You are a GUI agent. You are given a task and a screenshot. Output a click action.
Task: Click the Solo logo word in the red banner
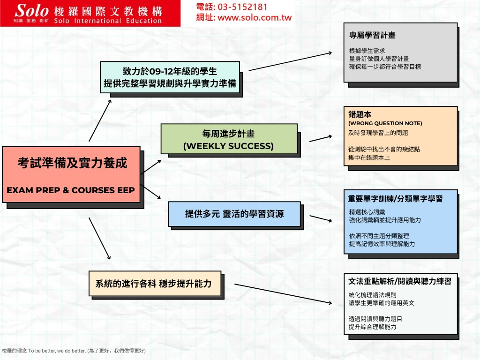click(31, 11)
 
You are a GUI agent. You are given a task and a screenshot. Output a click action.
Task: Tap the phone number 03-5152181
click(242, 7)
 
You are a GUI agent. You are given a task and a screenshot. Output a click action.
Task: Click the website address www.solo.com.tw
click(255, 17)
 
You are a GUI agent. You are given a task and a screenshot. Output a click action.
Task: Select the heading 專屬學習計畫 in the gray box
click(372, 35)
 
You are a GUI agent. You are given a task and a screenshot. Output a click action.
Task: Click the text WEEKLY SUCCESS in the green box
click(228, 146)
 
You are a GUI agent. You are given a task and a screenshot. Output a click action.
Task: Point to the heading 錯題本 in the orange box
click(360, 114)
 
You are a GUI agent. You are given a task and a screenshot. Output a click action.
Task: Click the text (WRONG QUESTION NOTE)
click(385, 123)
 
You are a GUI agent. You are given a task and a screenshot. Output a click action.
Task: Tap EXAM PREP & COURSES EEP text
click(71, 190)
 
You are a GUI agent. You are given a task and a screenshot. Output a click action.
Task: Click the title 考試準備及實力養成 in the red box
click(72, 163)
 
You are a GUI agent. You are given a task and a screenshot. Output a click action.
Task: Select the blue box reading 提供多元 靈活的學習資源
click(234, 214)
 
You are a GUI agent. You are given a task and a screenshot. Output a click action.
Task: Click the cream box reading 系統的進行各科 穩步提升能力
click(155, 284)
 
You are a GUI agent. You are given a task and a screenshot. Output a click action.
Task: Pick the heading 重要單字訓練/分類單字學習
click(395, 199)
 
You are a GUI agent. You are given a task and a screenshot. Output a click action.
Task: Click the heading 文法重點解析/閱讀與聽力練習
click(400, 281)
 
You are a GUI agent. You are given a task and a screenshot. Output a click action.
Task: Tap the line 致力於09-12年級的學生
click(170, 71)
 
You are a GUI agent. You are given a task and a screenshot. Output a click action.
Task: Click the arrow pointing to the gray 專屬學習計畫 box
click(290, 61)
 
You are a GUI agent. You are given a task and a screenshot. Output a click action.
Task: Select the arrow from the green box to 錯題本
click(321, 138)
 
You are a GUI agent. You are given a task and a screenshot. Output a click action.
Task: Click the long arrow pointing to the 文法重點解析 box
click(283, 294)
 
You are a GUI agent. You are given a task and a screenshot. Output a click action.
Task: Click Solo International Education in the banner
click(108, 21)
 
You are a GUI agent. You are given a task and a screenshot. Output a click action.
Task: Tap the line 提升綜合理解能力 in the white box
click(372, 327)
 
